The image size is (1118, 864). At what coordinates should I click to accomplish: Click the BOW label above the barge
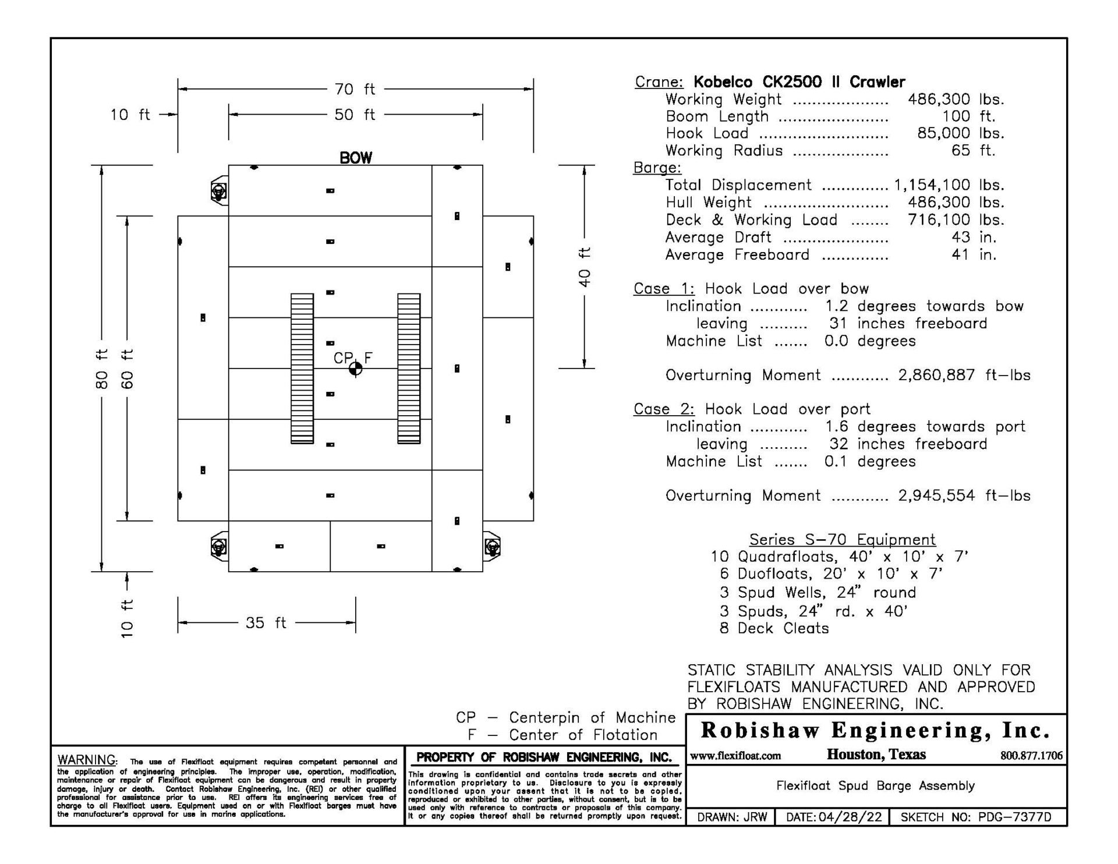355,158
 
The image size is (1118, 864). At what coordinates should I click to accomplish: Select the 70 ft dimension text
355,89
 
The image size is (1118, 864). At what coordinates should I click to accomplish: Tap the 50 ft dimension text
355,115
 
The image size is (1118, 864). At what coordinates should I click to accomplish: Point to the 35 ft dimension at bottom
266,623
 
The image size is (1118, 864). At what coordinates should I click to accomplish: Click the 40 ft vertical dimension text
585,267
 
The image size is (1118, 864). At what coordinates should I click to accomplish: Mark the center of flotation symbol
355,369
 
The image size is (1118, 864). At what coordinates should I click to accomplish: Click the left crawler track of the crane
302,369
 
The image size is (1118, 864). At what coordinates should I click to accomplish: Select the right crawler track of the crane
409,369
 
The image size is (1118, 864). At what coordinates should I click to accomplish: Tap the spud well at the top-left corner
219,190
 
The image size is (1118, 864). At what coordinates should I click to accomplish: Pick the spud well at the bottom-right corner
492,547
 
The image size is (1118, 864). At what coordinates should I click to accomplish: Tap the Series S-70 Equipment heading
842,540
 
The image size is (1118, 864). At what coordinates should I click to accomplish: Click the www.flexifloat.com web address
735,756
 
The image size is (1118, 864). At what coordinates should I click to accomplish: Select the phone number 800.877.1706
1031,756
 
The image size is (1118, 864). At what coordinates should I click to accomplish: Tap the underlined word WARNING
87,760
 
